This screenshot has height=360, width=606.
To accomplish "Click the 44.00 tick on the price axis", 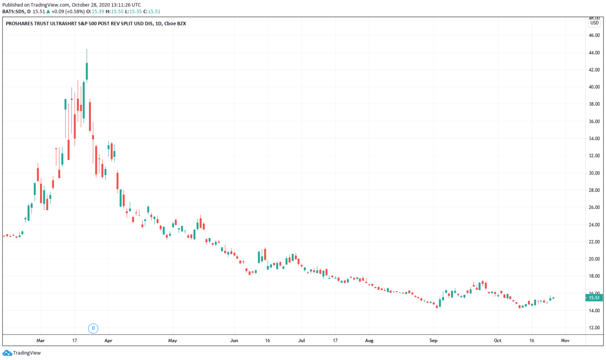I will point(594,53).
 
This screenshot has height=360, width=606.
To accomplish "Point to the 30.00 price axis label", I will point(594,173).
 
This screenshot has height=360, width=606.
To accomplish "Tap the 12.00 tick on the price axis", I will point(594,328).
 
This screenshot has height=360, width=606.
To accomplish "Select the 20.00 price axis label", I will point(594,259).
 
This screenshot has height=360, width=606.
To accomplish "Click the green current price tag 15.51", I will point(593,298).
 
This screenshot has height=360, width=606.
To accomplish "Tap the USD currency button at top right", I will point(594,23).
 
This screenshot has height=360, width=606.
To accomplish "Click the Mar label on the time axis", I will point(40,341).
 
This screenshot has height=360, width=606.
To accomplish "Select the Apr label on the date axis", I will point(108,341).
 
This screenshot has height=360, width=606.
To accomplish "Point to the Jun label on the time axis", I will point(234,341).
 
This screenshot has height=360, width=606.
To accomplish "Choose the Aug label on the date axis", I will point(369,341).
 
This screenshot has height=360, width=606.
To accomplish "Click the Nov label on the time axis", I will point(565,341).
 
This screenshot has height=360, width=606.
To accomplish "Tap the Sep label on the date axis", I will point(433,341).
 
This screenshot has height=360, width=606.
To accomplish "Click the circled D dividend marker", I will point(93,328).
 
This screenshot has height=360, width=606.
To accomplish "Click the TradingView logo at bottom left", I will point(22,353).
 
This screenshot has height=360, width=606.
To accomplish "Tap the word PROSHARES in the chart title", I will point(19,23).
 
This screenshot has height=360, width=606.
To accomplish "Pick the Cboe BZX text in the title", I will point(175,23).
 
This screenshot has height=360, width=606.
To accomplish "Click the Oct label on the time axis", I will point(498,341).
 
